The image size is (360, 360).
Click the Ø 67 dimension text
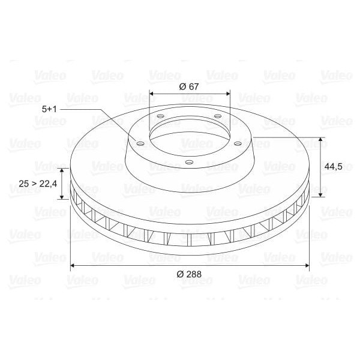pyautogui.click(x=189, y=86)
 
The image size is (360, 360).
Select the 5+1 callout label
pyautogui.click(x=50, y=109)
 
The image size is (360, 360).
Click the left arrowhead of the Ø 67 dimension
pyautogui.click(x=151, y=94)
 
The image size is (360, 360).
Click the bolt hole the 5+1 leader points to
pyautogui.click(x=140, y=143)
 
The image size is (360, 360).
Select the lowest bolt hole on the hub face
pyautogui.click(x=189, y=162)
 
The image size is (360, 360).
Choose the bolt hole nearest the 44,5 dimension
pyautogui.click(x=238, y=143)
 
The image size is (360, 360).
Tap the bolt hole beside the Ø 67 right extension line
pyautogui.click(x=218, y=116)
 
